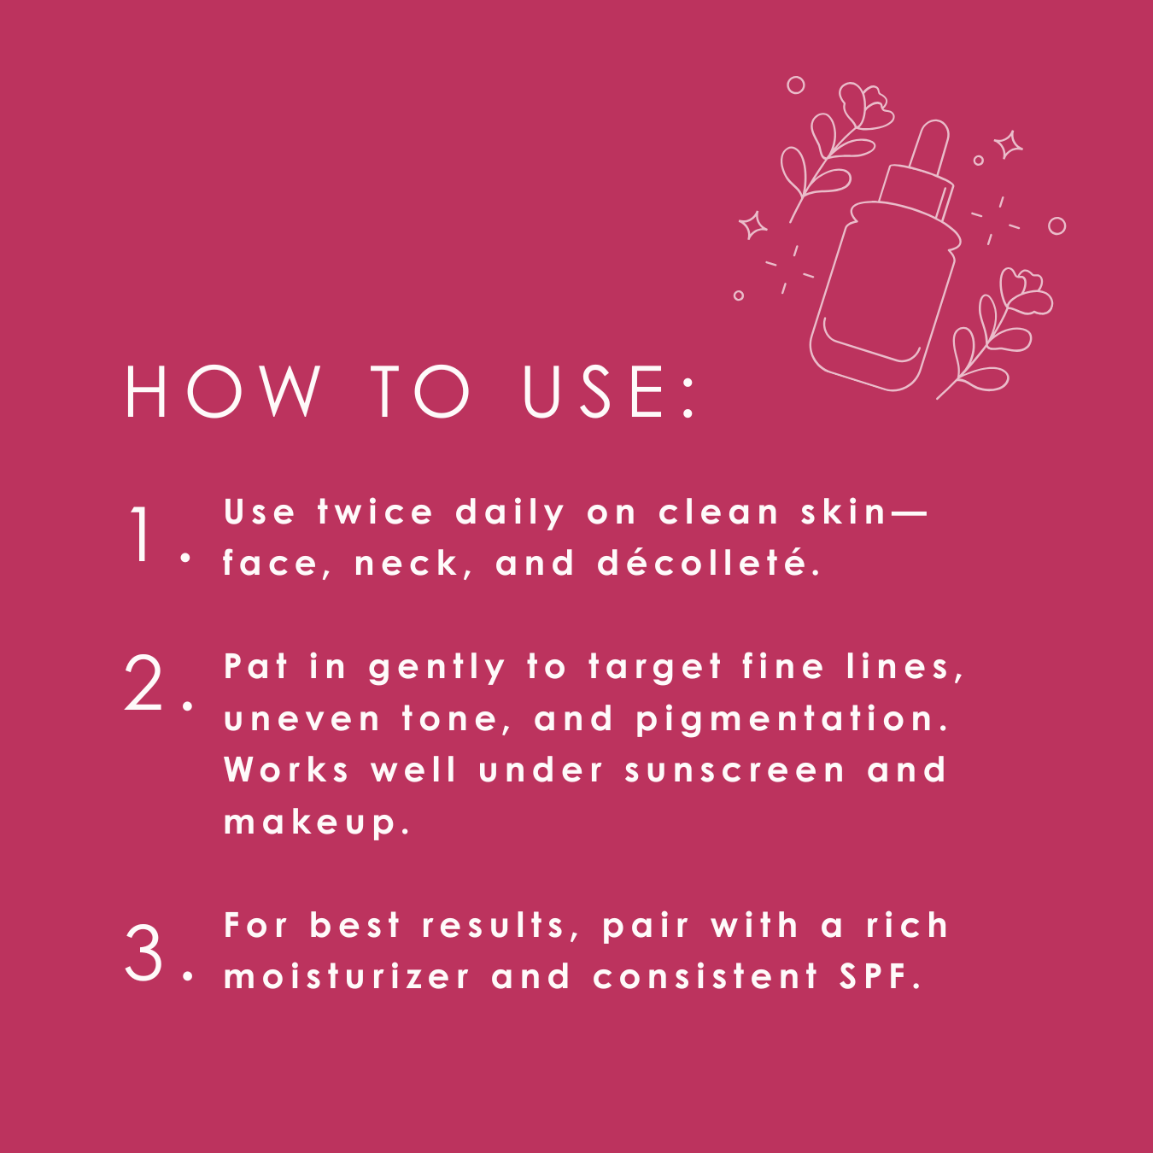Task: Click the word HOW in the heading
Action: (223, 391)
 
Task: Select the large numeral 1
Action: (142, 533)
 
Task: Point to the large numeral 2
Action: (143, 682)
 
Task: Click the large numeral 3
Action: (143, 954)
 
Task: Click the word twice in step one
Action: (375, 512)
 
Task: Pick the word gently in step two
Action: (437, 668)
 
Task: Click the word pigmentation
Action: (793, 719)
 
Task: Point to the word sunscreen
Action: (735, 770)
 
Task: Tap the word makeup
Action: (317, 822)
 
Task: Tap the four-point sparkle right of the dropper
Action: (1009, 144)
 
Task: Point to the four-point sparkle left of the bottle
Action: (752, 225)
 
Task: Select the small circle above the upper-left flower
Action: (796, 85)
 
